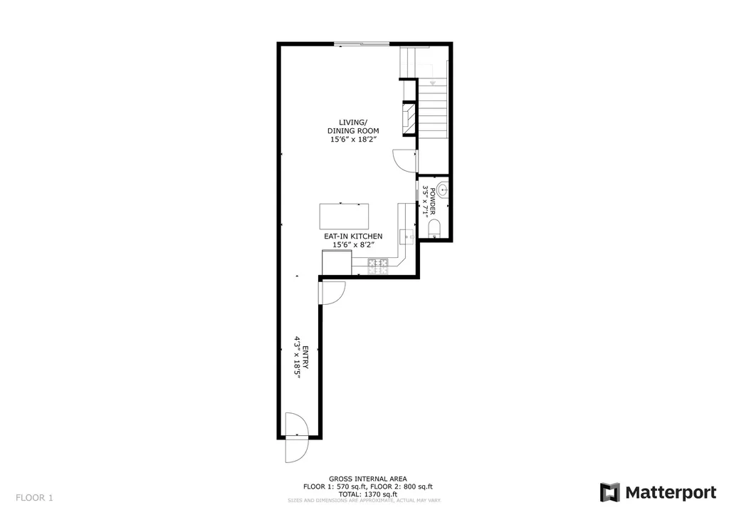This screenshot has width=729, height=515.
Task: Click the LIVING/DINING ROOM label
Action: [x=352, y=126]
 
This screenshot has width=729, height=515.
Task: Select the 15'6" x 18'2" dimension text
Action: [x=352, y=140]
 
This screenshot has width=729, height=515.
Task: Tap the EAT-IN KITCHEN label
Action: [x=353, y=236]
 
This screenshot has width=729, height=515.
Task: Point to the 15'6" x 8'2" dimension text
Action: [x=353, y=245]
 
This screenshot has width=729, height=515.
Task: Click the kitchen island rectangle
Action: [x=345, y=214]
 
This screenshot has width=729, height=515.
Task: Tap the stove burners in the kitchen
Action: [x=377, y=266]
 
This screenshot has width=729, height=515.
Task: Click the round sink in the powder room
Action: [x=442, y=189]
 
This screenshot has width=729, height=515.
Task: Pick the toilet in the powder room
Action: [x=435, y=228]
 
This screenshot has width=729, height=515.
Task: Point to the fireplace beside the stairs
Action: [x=409, y=118]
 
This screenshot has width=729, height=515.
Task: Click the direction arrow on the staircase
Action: [x=431, y=83]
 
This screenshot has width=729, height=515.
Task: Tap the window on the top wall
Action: [x=362, y=44]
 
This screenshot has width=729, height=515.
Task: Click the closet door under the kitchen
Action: [x=332, y=292]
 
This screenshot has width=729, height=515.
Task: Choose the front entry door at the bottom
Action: [x=295, y=438]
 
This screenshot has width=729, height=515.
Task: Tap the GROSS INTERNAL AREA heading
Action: [x=367, y=479]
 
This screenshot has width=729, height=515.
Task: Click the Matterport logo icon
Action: [x=610, y=492]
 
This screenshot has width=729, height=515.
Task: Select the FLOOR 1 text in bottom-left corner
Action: [x=34, y=497]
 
